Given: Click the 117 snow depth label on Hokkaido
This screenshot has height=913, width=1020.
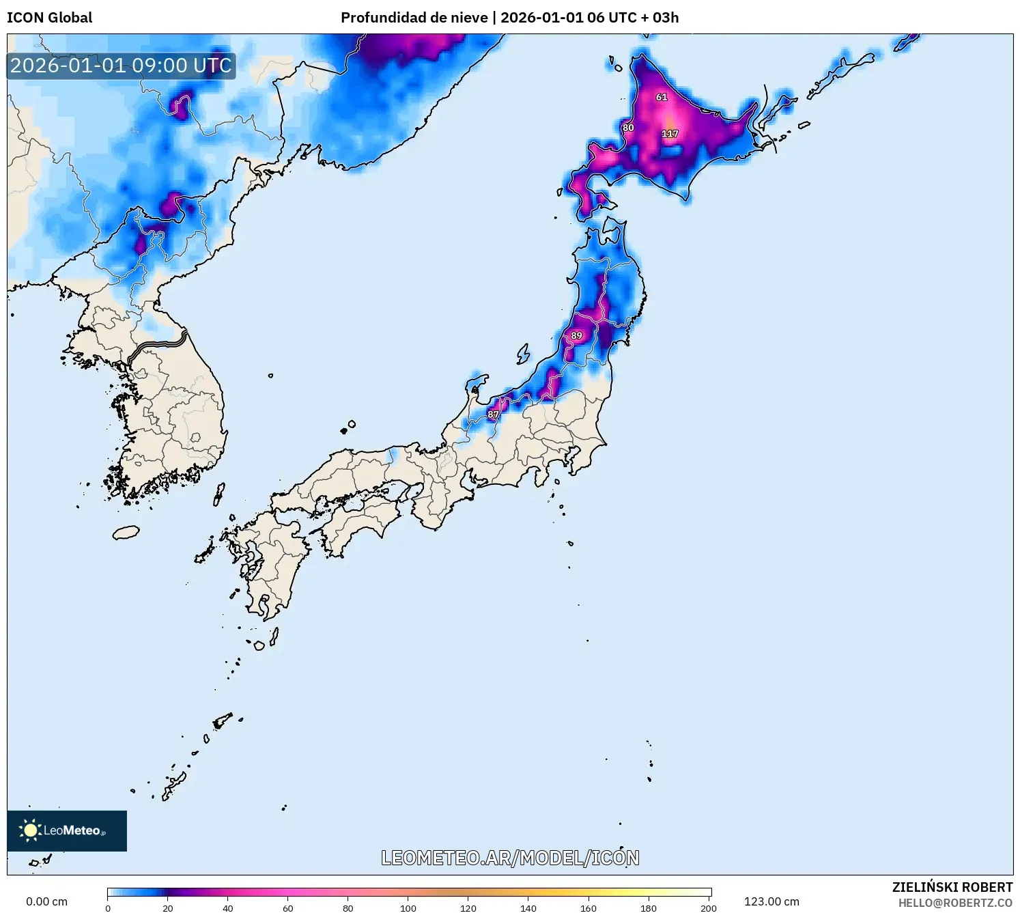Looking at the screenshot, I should pos(670,134).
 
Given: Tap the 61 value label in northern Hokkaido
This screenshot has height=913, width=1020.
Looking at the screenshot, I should pos(662,98).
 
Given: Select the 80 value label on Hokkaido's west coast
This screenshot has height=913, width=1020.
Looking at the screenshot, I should pos(628,128).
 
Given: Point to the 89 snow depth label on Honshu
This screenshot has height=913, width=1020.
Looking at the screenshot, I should pos(577,336).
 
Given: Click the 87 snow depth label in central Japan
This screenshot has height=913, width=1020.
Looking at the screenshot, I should pos(494,415).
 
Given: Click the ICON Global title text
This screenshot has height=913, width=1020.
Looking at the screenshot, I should pos(50,18).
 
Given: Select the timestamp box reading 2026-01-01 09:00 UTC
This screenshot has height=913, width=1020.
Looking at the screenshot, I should pos(122,66).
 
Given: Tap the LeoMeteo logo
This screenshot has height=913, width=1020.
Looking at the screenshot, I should pos(67,830).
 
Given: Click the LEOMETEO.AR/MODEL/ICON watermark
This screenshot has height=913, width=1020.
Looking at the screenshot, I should pos(510,858).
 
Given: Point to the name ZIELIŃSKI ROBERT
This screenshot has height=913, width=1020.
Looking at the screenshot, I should pos(952,887).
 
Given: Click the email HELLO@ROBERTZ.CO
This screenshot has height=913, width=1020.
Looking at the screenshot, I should pos(955,903).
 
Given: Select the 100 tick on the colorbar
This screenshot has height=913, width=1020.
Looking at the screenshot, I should pos(408,908).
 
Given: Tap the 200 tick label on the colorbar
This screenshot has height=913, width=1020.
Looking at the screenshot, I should pos(708,908).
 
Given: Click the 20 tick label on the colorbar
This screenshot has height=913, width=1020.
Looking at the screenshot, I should pos(168,908).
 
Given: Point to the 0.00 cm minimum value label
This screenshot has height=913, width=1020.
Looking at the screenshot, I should pos(47,901).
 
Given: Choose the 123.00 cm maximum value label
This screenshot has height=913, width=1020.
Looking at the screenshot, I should pos(771,901).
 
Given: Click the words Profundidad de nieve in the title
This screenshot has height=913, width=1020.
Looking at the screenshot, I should pos(414,18).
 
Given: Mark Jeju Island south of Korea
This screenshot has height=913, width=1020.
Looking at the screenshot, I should pos(126,532).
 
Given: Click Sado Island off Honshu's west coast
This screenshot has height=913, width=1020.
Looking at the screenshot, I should pos(523,354).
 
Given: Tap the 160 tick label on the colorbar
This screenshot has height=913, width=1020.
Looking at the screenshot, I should pos(589,908).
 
